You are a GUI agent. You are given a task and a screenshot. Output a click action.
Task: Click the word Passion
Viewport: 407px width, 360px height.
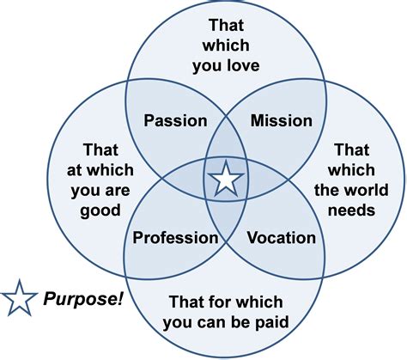point(175,120)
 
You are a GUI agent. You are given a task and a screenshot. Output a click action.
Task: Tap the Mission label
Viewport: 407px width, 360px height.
point(282,120)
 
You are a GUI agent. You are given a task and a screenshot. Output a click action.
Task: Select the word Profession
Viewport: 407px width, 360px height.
point(175,238)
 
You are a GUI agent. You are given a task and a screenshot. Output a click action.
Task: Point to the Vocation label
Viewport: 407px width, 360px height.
point(282,238)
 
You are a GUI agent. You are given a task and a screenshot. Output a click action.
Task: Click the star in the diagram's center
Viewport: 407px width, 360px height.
point(226,179)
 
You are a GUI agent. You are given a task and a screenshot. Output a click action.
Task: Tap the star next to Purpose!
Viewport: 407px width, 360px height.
point(20,298)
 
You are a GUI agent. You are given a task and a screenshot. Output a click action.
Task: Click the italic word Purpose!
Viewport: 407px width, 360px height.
point(83,299)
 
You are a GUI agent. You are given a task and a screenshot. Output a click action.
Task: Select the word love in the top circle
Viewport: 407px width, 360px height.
point(243,65)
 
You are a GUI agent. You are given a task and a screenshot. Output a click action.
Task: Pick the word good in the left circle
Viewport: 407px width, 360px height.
point(100,211)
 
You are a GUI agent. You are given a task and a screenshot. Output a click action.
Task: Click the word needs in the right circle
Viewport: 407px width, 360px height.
point(351,211)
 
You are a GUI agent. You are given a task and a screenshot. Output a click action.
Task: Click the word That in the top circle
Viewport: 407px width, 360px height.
point(226,25)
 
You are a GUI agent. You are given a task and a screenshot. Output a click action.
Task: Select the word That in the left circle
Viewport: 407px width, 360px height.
point(100,149)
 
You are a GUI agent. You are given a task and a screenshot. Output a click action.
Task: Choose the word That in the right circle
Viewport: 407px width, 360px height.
point(352,149)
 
